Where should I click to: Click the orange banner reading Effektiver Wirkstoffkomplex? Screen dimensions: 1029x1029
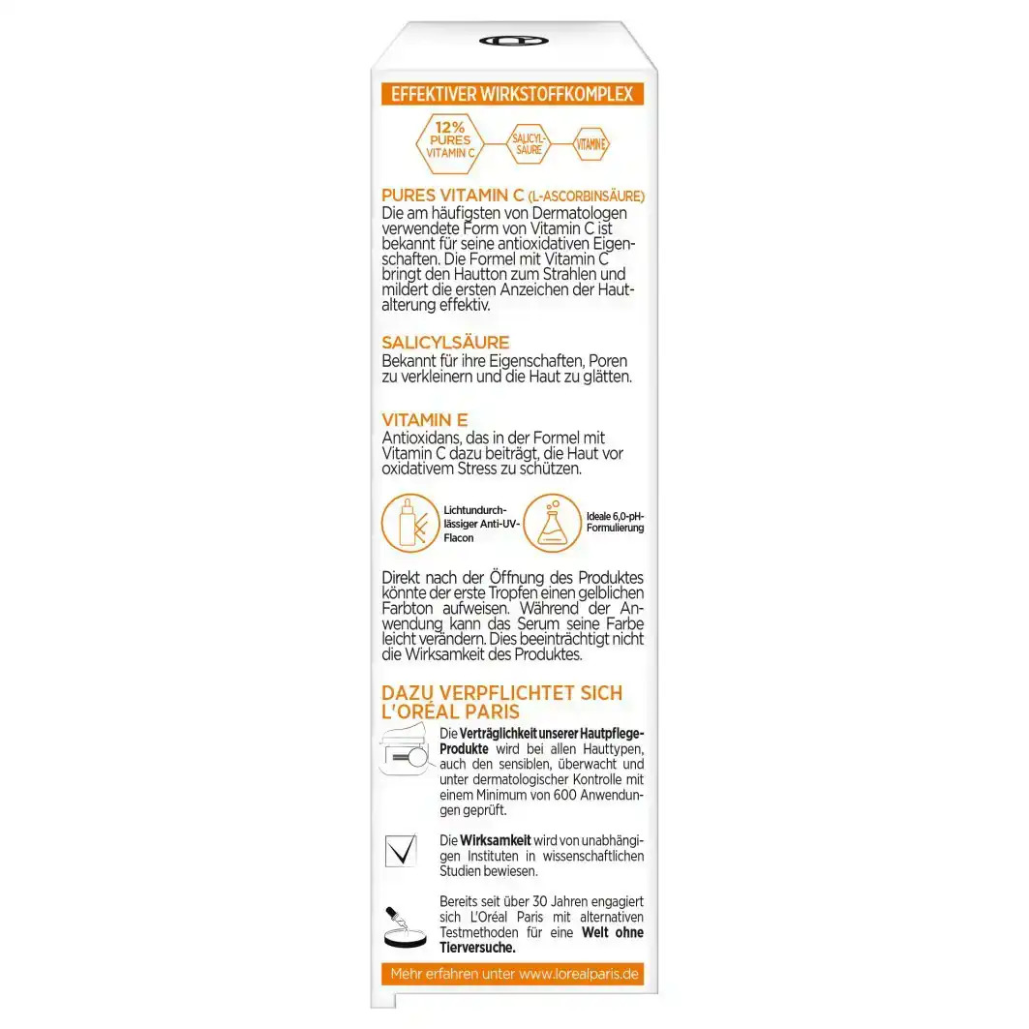(511, 94)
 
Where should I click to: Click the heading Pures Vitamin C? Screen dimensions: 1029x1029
(453, 197)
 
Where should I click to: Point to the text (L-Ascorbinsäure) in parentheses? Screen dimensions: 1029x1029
(587, 197)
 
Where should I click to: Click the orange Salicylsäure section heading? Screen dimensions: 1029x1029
(445, 344)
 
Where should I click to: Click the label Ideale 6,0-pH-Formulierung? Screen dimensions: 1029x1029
(615, 522)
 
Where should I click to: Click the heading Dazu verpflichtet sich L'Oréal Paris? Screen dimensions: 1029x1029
(502, 704)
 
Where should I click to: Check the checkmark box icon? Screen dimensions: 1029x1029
(400, 849)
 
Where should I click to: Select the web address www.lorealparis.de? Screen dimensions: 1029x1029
(580, 974)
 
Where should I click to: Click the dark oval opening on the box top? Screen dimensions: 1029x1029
(513, 42)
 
